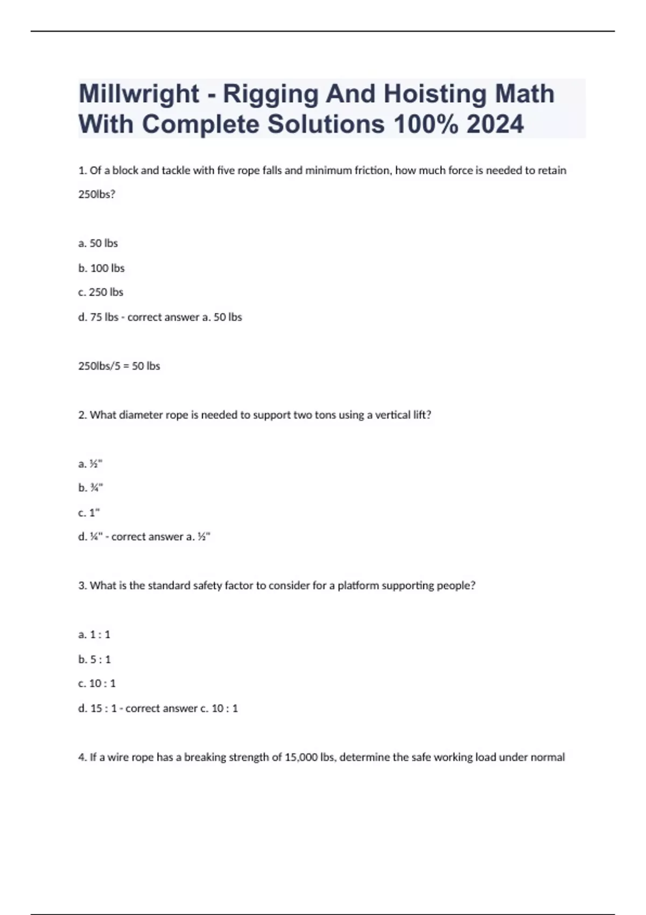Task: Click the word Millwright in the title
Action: point(139,94)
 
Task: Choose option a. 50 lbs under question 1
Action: point(98,243)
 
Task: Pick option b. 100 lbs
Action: point(101,268)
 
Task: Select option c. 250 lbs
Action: point(101,292)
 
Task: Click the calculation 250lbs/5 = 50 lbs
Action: point(119,366)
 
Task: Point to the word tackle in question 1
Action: point(176,171)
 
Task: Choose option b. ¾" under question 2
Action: point(90,488)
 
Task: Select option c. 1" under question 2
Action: point(89,512)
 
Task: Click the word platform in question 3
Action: point(358,586)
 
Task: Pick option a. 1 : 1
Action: point(94,635)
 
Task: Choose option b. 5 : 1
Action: point(95,659)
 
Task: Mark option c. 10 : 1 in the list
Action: point(97,684)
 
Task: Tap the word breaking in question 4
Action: point(205,757)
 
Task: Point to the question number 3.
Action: point(82,586)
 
